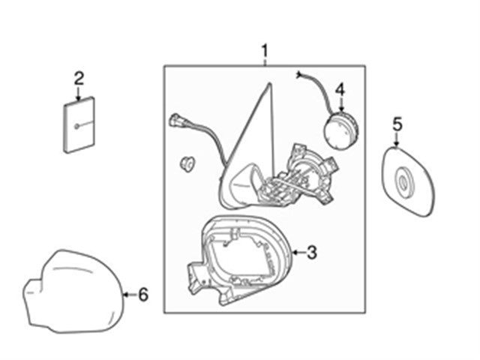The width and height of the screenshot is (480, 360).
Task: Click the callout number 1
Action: pyautogui.click(x=264, y=51)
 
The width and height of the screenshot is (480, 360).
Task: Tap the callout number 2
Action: pyautogui.click(x=79, y=76)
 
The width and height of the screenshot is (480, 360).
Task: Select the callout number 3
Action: pyautogui.click(x=311, y=253)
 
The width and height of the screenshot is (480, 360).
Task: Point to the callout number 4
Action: pyautogui.click(x=340, y=89)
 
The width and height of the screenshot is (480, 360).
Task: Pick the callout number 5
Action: pyautogui.click(x=397, y=122)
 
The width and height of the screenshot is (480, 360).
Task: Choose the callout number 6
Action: pyautogui.click(x=143, y=295)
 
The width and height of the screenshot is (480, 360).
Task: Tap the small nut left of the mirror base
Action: pyautogui.click(x=187, y=163)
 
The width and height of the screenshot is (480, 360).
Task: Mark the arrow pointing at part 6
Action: pyautogui.click(x=129, y=295)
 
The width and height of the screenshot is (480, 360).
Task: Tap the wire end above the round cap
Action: pyautogui.click(x=299, y=74)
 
